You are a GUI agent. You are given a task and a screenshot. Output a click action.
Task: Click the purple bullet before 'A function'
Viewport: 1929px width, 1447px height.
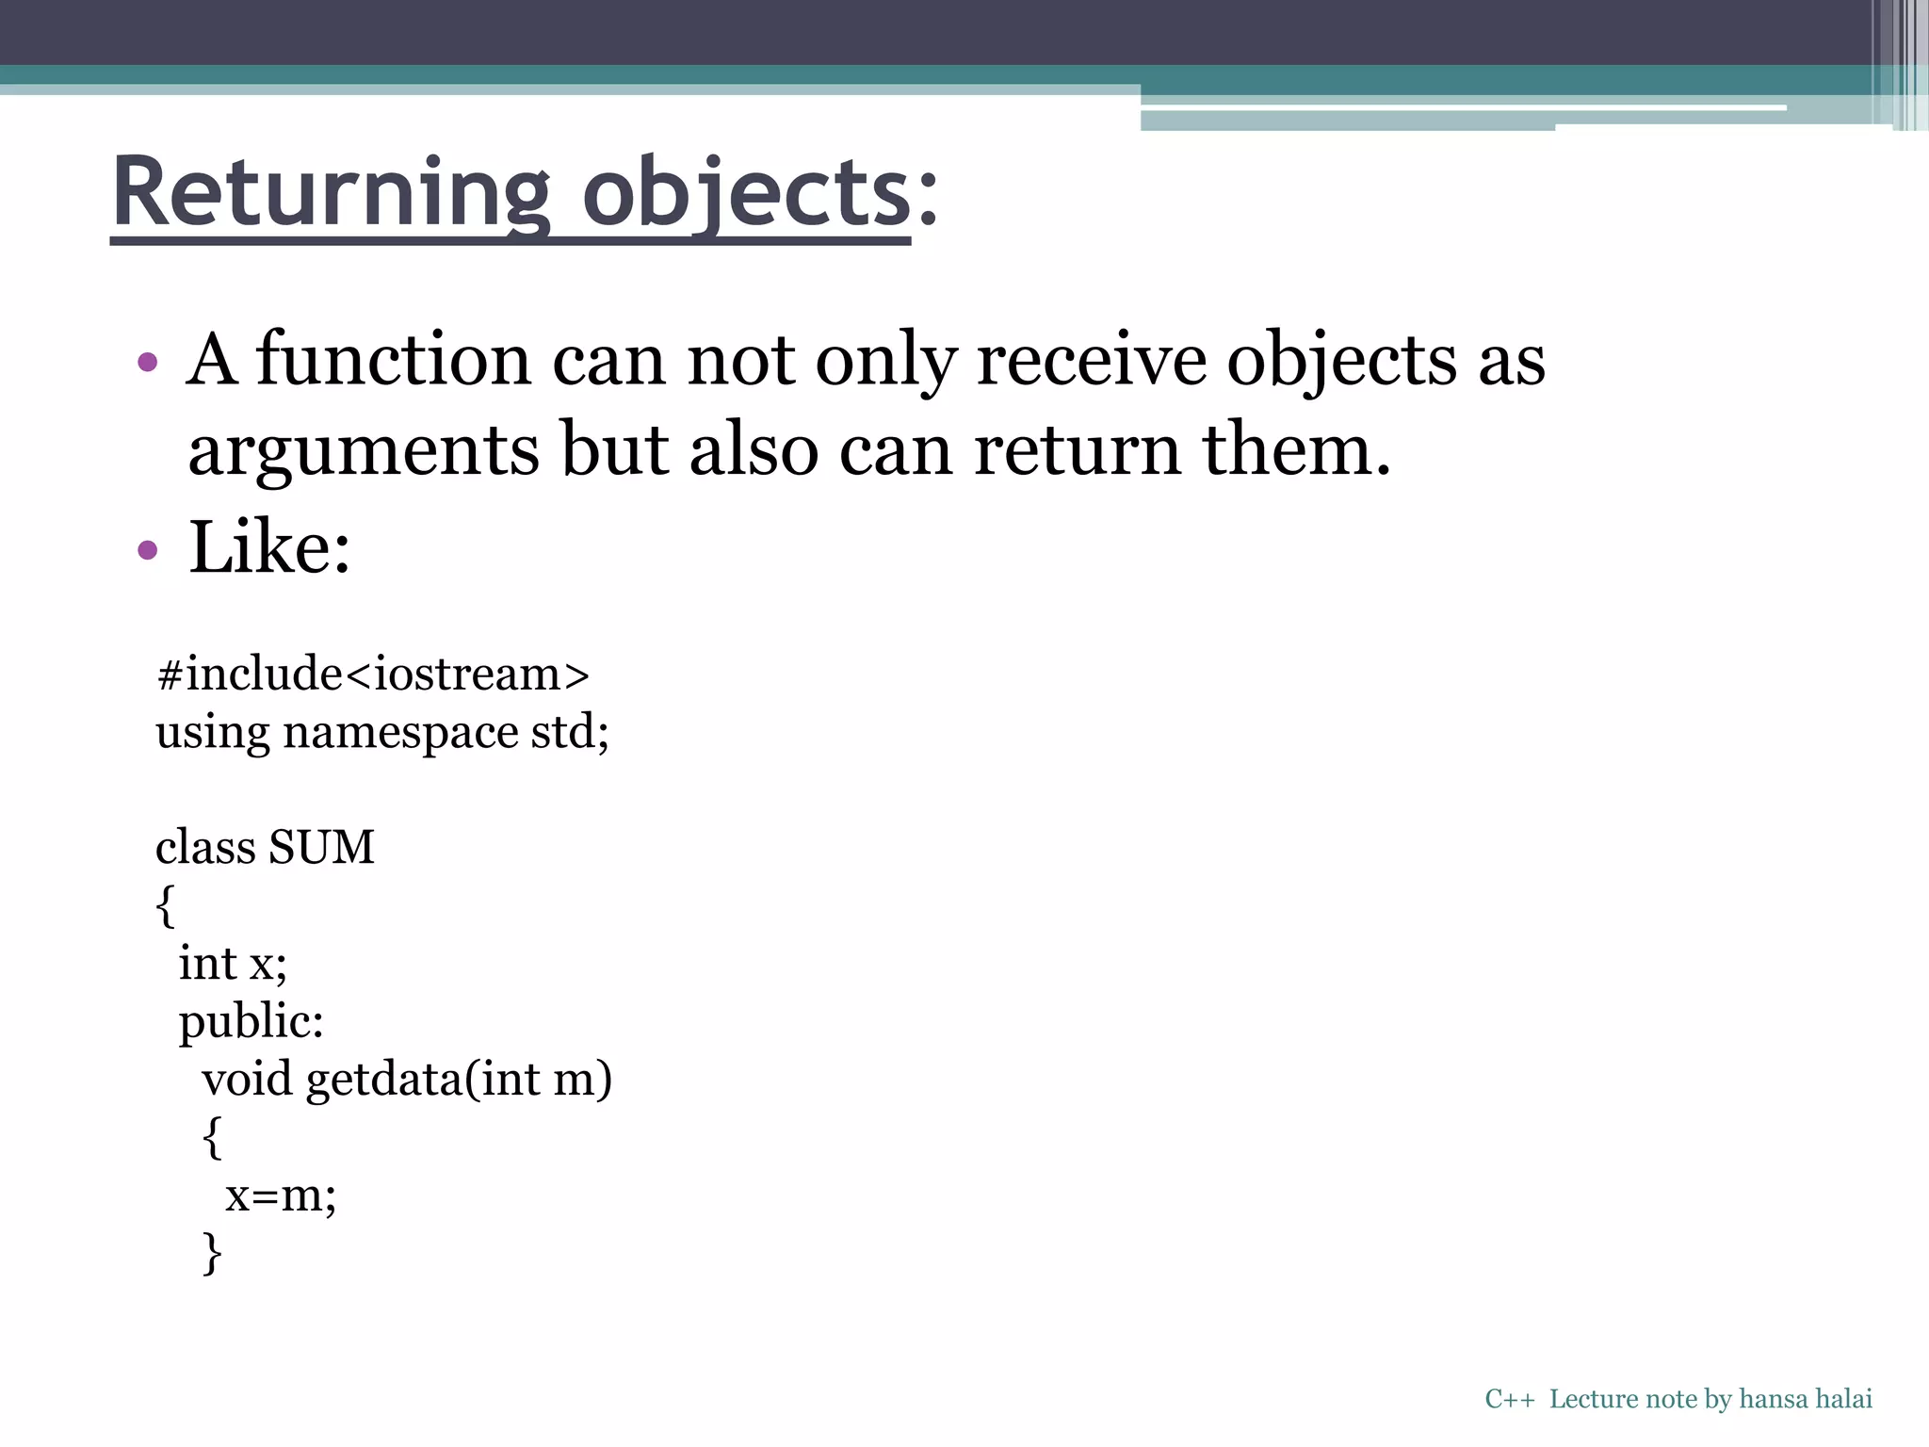coord(147,362)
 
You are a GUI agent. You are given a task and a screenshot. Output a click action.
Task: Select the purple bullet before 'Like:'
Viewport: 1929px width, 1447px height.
coord(147,549)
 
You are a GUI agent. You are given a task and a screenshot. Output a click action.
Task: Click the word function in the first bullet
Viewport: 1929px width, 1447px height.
coord(394,360)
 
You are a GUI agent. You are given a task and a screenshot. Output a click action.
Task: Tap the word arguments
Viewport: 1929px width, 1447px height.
coord(364,450)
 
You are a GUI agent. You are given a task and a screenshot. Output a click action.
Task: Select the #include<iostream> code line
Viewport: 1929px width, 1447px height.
coord(373,675)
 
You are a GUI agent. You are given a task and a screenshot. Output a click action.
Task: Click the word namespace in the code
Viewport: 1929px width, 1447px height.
coord(400,733)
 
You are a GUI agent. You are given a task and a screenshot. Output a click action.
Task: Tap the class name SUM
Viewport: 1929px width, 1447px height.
coord(321,847)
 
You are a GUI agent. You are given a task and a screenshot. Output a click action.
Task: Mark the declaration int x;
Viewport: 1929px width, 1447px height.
coord(233,963)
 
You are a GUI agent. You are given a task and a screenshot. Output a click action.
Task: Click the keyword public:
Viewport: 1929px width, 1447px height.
coord(251,1021)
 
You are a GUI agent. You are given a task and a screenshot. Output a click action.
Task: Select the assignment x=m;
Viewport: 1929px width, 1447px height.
coord(280,1195)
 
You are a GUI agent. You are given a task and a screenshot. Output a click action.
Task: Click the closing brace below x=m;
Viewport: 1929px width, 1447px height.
coord(212,1254)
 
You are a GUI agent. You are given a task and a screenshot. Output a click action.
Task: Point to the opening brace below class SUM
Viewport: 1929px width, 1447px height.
coord(165,905)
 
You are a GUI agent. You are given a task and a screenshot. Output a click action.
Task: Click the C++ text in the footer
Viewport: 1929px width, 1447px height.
coord(1509,1399)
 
